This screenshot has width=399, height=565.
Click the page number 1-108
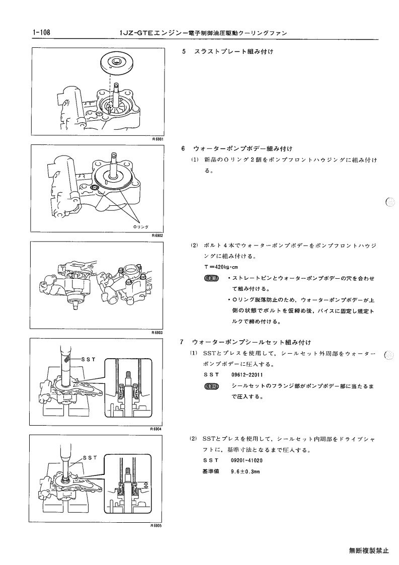click(41, 33)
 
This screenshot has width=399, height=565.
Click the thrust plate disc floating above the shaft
click(118, 63)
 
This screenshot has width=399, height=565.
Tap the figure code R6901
click(158, 139)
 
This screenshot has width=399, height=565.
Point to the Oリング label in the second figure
click(141, 226)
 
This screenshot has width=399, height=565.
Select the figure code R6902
click(158, 235)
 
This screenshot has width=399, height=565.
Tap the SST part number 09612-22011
click(247, 375)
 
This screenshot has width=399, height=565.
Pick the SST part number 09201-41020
click(247, 460)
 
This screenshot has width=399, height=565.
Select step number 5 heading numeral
click(184, 51)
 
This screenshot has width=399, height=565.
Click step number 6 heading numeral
click(184, 148)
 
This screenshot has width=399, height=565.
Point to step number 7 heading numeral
click(182, 342)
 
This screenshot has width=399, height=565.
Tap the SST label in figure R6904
click(89, 359)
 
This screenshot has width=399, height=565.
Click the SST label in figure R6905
click(90, 458)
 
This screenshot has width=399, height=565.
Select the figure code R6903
click(157, 333)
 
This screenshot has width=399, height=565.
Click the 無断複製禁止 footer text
click(369, 550)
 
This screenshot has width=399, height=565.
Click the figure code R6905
click(156, 525)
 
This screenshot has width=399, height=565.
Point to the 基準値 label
click(211, 471)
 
